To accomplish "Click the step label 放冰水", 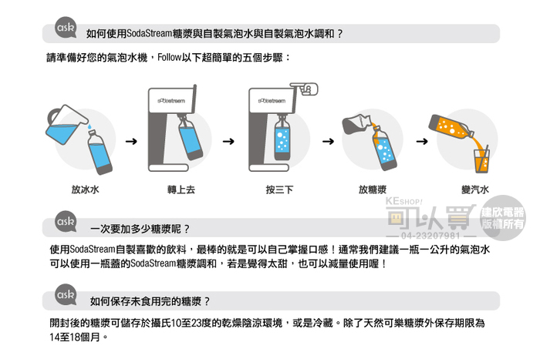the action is coord(85,189).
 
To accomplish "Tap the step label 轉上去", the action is coord(181,189).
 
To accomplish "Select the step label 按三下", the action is coord(279,189).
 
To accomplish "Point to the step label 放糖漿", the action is coord(373,189).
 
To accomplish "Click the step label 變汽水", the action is coord(475,189).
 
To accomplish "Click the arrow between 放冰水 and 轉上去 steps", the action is coord(131,141).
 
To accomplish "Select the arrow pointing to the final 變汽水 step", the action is coord(422,141).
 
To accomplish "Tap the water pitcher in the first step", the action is coord(66,124).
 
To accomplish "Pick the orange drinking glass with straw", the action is coord(482,161).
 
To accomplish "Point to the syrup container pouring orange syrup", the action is coord(356,124).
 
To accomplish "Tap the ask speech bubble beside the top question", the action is coord(66,27).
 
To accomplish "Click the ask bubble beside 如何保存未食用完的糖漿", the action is coord(66,295).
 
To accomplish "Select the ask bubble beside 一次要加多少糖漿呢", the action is coord(66,221).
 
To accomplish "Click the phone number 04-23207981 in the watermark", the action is coord(430,236).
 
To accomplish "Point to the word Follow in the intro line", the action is coord(170,58).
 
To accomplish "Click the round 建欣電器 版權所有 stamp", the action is coord(502,218).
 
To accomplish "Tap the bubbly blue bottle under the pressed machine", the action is coord(282,139).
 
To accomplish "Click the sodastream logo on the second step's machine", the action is coord(171,101).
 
